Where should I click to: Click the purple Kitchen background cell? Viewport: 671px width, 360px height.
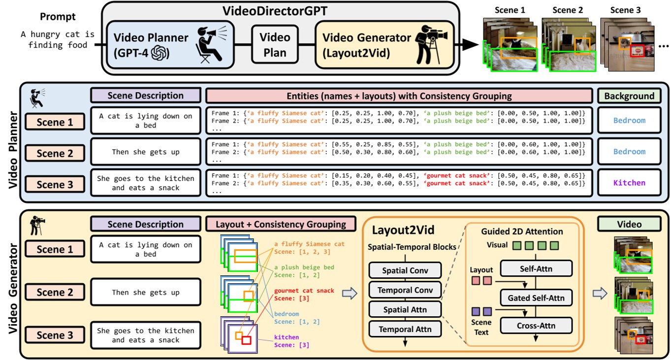coord(629,182)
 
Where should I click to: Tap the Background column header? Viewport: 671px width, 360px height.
coord(629,96)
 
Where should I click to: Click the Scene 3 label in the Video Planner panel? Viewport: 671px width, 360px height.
coord(55,184)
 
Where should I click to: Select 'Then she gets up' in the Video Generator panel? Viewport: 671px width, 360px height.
coord(145,293)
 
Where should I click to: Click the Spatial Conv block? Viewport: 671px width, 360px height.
coord(405,270)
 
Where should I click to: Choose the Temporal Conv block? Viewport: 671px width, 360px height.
coord(405,290)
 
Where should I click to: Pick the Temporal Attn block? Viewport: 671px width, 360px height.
coord(405,329)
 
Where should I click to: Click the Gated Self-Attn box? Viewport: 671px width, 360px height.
coord(536,297)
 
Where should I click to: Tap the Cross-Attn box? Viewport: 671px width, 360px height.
coord(536,326)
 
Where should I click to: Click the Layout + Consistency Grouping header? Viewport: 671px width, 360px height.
coord(281,224)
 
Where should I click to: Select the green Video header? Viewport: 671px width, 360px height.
coord(629,224)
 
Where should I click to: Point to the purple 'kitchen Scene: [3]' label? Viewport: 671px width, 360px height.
coord(287,341)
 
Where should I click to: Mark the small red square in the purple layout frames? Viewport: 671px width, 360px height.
coord(246,340)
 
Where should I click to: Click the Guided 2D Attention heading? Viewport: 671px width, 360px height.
coord(522,231)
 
